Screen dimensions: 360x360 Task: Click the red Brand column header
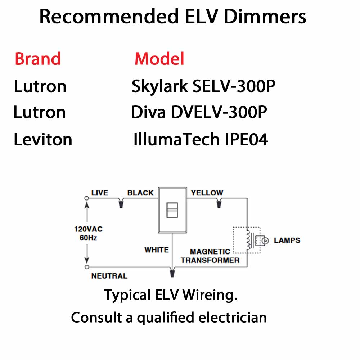[x=38, y=59]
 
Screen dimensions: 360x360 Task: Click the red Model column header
[x=159, y=59]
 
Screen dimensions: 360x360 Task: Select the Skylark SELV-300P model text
[x=204, y=86]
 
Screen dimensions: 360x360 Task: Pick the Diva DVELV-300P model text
[x=199, y=113]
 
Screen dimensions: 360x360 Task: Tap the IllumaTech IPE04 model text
[x=201, y=139]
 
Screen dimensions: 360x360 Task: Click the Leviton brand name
[x=43, y=139]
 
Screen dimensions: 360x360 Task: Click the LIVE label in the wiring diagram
[x=100, y=193]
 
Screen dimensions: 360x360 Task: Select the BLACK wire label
[x=140, y=193]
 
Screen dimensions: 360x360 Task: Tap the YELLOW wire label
[x=207, y=193]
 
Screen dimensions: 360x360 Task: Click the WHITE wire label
[x=157, y=250]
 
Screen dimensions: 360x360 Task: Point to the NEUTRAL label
[x=109, y=276]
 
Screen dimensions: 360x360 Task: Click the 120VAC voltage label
[x=88, y=229]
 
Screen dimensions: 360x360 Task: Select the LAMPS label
[x=287, y=240]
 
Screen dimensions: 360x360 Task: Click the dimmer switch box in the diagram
[x=172, y=210]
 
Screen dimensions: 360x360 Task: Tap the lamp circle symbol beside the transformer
[x=266, y=240]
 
